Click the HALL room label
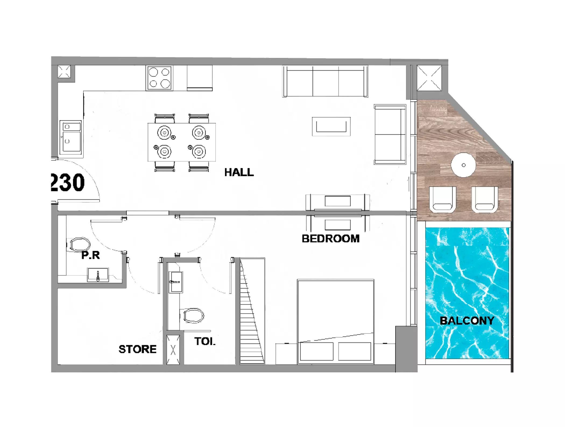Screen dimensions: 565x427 pyautogui.click(x=239, y=172)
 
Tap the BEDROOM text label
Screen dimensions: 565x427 pyautogui.click(x=331, y=239)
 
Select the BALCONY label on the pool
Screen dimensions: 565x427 pyautogui.click(x=467, y=321)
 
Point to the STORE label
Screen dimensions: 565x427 pyautogui.click(x=137, y=349)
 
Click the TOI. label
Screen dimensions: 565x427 pyautogui.click(x=205, y=341)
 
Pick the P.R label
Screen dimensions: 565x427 pyautogui.click(x=91, y=255)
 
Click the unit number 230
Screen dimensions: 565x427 pyautogui.click(x=68, y=182)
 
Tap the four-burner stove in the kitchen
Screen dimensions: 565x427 pyautogui.click(x=159, y=78)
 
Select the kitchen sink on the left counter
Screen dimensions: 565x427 pyautogui.click(x=70, y=137)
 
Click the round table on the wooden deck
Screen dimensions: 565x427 pyautogui.click(x=463, y=165)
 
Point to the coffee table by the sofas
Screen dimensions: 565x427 pyautogui.click(x=331, y=126)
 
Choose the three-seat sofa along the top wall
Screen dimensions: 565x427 pyautogui.click(x=325, y=81)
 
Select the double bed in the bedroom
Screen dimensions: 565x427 pyautogui.click(x=336, y=322)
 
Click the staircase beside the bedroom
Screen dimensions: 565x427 pyautogui.click(x=252, y=311)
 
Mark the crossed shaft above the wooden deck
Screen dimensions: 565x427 pyautogui.click(x=429, y=78)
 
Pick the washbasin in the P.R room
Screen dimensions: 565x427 pyautogui.click(x=98, y=275)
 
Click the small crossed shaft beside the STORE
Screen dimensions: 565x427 pyautogui.click(x=173, y=350)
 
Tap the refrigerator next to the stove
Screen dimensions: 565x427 pyautogui.click(x=200, y=78)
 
